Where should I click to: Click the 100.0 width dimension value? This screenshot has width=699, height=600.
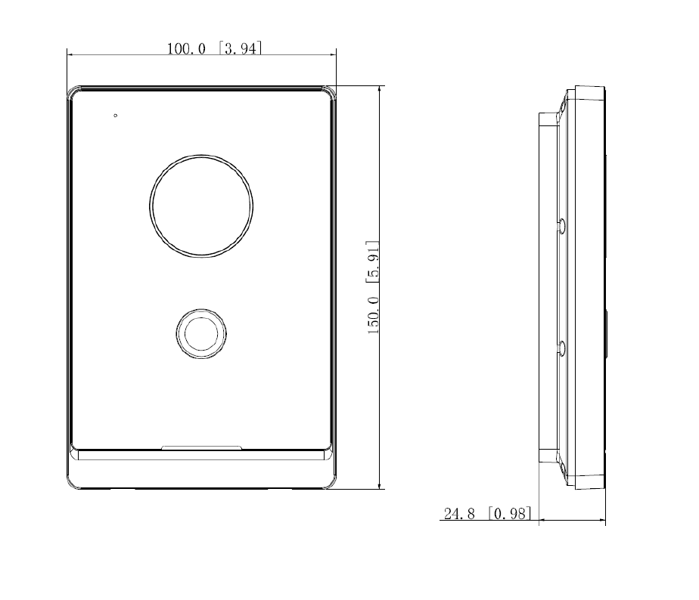point(186,49)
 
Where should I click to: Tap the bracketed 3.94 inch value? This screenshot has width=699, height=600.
point(241,49)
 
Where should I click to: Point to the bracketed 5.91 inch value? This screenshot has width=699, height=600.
point(373,261)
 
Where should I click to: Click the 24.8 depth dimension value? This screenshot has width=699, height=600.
point(459,514)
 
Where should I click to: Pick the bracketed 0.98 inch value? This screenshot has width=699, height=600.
point(510,514)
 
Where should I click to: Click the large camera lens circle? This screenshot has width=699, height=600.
point(201,206)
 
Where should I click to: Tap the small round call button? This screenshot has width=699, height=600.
point(201,332)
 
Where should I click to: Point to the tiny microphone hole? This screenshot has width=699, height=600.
point(115,116)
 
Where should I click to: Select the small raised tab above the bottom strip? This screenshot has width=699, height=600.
point(201,448)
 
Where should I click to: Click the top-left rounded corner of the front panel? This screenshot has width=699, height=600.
point(73,92)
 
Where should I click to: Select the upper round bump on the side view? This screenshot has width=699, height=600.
point(561,225)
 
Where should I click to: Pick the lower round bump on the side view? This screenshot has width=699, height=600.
point(561,348)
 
